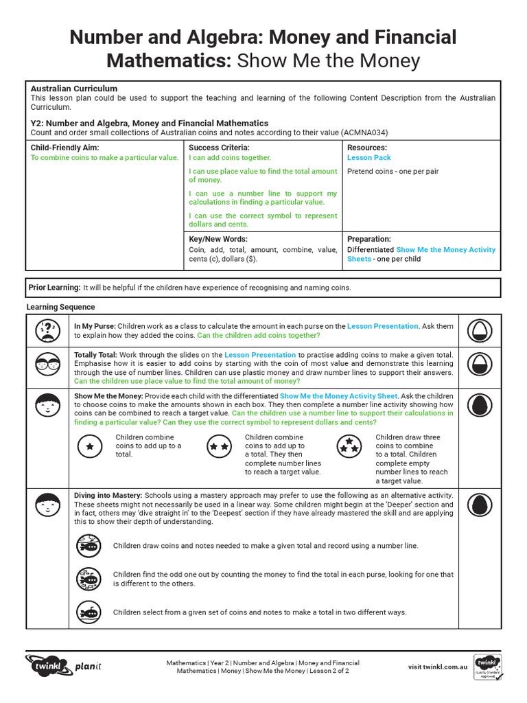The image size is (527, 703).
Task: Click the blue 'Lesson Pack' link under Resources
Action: pyautogui.click(x=368, y=158)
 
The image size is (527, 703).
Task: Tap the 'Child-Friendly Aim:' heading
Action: pyautogui.click(x=65, y=148)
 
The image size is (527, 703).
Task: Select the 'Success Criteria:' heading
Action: pyautogui.click(x=219, y=148)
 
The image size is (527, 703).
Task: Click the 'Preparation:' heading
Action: pyautogui.click(x=369, y=240)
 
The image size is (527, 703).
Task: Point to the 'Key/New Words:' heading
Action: pyautogui.click(x=219, y=240)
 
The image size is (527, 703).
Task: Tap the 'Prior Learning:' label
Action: pyautogui.click(x=54, y=288)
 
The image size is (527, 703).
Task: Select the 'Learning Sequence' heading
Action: pyautogui.click(x=61, y=308)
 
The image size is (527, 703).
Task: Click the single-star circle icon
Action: pyautogui.click(x=89, y=446)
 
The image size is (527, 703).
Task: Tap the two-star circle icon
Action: pyautogui.click(x=219, y=446)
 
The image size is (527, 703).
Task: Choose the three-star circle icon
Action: pyautogui.click(x=349, y=448)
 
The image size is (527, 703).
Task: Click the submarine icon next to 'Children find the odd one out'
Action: pyautogui.click(x=89, y=579)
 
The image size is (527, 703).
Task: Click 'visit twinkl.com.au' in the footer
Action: pyautogui.click(x=438, y=667)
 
